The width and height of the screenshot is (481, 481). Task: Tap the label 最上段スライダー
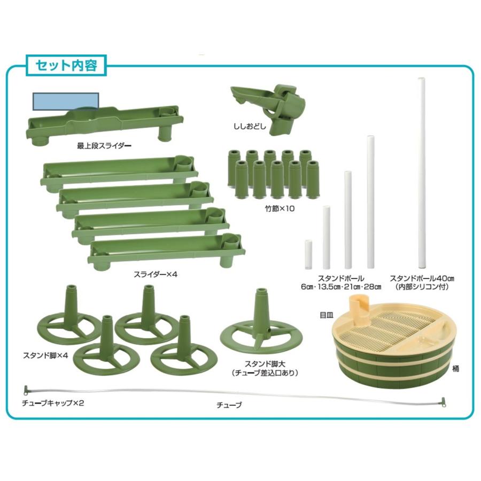(104, 145)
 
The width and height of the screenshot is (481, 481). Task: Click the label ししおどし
(249, 127)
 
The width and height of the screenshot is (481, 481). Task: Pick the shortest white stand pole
(308, 254)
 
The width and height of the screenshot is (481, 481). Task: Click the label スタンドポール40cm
(422, 278)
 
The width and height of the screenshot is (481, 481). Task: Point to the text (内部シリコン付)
(422, 287)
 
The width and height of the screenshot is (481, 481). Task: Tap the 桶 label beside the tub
(455, 369)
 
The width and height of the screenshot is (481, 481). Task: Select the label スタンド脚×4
(46, 355)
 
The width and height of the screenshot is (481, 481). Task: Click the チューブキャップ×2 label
(52, 403)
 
